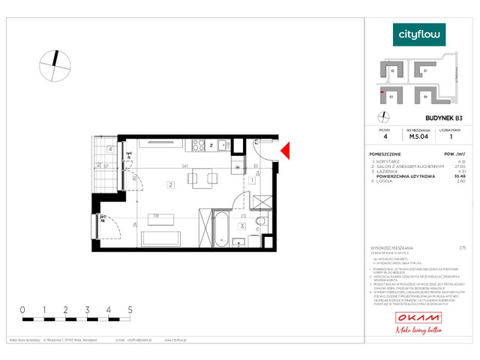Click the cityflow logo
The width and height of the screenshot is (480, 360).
(x=419, y=34)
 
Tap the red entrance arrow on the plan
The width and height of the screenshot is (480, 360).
(x=284, y=151)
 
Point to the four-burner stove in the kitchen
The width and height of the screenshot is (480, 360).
(x=199, y=145)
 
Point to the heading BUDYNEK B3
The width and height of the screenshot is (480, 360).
(x=443, y=118)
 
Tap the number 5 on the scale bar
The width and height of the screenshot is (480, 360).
(x=130, y=309)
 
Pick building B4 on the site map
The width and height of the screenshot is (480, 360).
(x=424, y=96)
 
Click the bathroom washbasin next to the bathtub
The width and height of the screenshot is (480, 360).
(x=238, y=241)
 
